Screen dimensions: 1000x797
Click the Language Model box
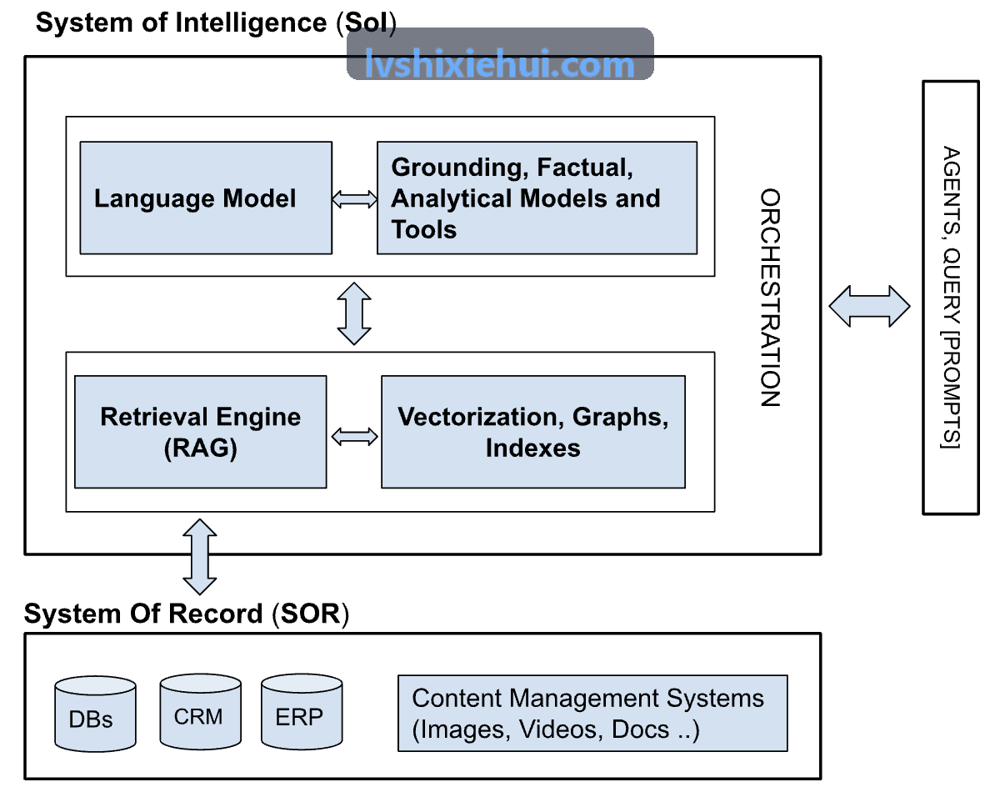click(x=206, y=198)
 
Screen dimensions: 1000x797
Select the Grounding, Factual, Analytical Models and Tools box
click(x=537, y=198)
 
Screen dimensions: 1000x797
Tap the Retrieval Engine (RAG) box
click(x=200, y=432)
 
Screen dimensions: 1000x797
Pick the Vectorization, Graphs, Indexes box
click(x=533, y=432)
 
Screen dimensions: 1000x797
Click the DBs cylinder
click(x=95, y=714)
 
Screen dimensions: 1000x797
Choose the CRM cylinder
click(x=200, y=711)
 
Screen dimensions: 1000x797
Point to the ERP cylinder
click(x=302, y=711)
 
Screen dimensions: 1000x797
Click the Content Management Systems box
click(x=592, y=713)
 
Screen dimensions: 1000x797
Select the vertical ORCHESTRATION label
click(x=770, y=298)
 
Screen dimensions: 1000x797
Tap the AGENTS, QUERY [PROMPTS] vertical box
click(x=951, y=298)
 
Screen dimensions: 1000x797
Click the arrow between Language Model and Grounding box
click(x=354, y=199)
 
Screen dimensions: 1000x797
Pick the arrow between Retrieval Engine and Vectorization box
click(x=354, y=437)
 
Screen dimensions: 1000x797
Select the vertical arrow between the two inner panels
click(x=354, y=313)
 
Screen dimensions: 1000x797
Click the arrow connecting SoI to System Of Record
click(x=200, y=557)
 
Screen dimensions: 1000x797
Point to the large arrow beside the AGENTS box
click(x=869, y=306)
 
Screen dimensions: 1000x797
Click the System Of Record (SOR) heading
click(x=187, y=614)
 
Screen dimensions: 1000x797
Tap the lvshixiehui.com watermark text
click(x=499, y=63)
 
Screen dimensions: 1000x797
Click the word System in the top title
click(x=84, y=23)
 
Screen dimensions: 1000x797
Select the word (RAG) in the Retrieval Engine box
click(x=200, y=449)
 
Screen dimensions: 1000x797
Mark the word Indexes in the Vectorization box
click(x=533, y=448)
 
